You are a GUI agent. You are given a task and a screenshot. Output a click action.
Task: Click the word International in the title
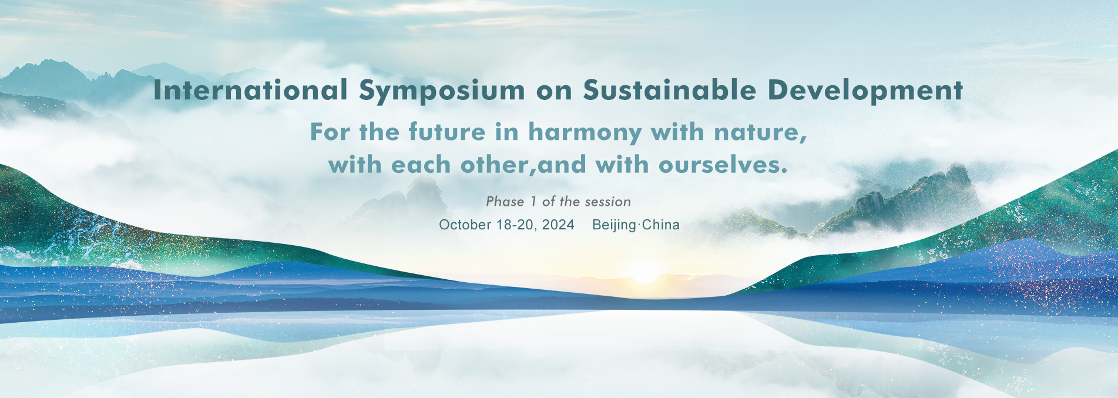[251, 91]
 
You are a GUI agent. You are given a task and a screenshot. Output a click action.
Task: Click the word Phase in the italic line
[505, 202]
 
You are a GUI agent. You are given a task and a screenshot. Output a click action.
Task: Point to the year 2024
[558, 225]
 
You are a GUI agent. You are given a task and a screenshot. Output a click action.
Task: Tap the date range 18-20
[515, 225]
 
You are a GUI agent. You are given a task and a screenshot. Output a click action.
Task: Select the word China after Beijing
[661, 225]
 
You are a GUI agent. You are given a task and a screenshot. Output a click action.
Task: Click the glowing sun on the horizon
[644, 272]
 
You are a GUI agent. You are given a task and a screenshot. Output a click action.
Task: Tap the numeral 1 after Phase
[533, 202]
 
